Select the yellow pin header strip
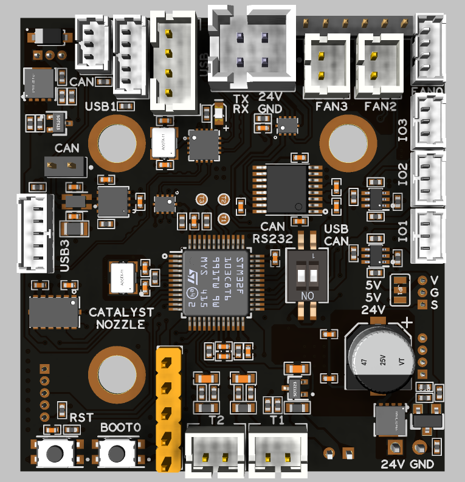click(168, 408)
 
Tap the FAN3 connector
click(328, 66)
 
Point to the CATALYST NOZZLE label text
click(121, 318)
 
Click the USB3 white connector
click(35, 233)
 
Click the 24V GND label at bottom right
click(407, 465)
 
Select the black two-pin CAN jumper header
click(61, 165)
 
